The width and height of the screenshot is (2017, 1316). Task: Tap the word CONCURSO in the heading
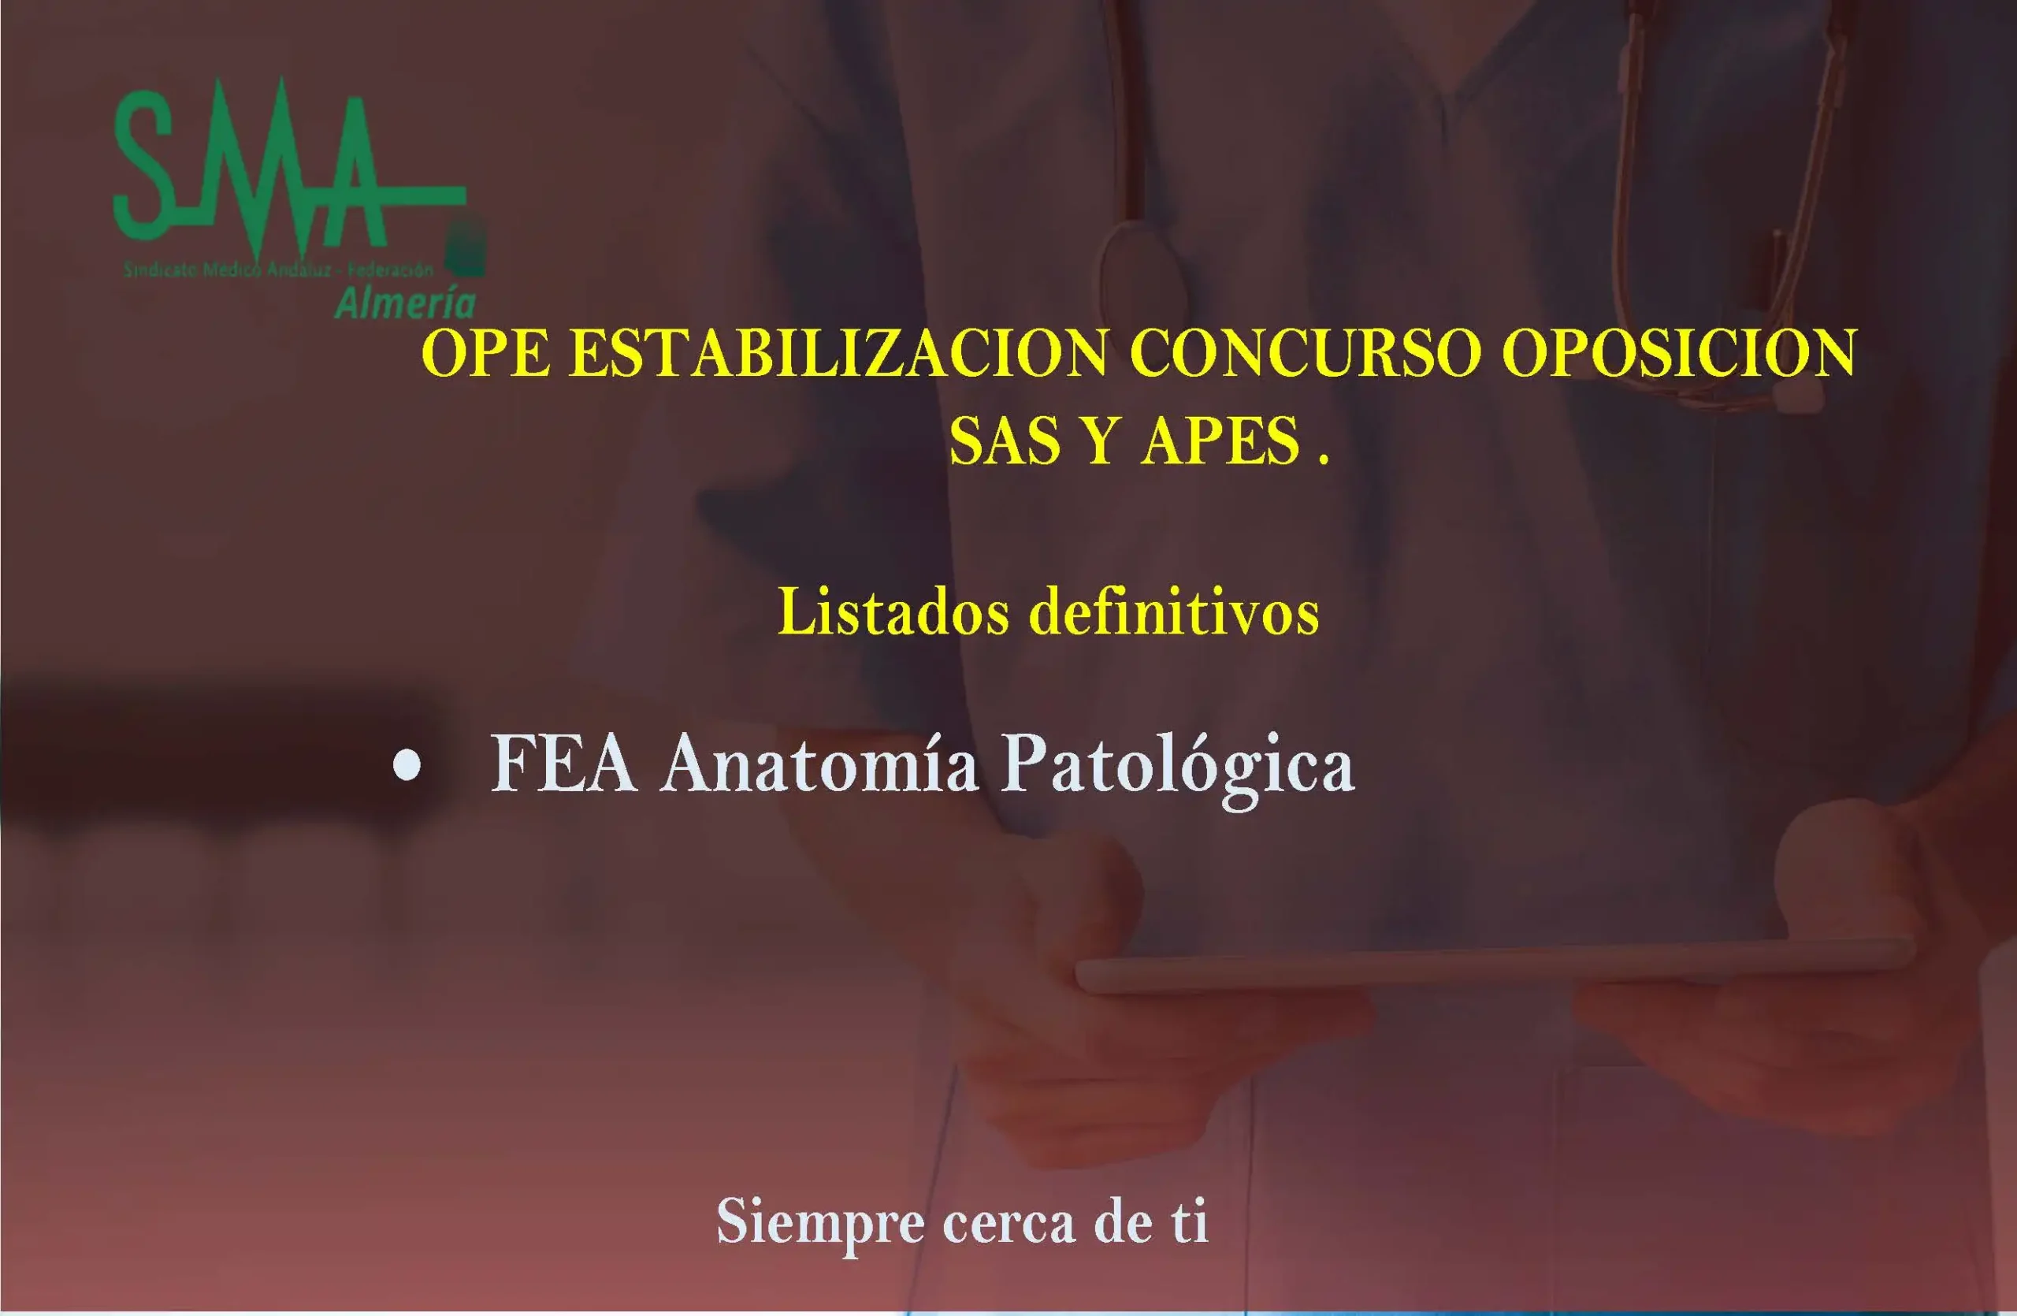point(1304,353)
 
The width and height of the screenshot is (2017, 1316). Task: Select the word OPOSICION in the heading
point(1679,353)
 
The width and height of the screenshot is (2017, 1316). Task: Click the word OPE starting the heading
point(485,353)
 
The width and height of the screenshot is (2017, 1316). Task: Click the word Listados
point(893,612)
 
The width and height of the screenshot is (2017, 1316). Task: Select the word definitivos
point(1174,612)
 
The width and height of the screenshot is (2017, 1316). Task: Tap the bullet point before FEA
point(407,765)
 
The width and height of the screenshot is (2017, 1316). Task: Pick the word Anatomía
point(819,765)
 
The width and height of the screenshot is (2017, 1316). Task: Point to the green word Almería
point(405,303)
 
